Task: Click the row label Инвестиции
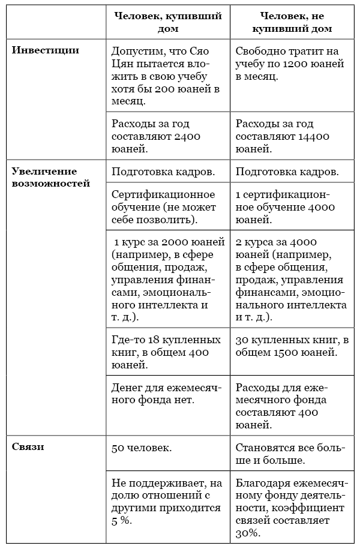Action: [45, 50]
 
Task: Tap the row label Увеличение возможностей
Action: [50, 177]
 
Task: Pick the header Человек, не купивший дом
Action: [290, 22]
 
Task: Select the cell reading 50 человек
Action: [140, 448]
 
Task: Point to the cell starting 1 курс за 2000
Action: [166, 279]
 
